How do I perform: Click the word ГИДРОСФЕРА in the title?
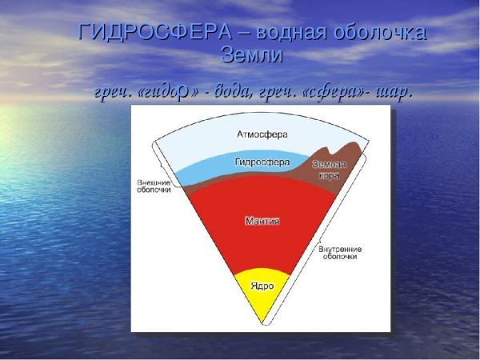point(152,33)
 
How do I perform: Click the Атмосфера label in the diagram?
point(262,133)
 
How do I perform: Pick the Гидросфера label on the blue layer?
point(262,162)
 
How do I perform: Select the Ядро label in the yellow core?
point(262,286)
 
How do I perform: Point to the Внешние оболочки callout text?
point(154,187)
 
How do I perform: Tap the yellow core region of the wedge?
point(262,296)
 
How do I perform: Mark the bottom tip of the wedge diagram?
point(262,324)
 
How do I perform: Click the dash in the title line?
point(242,33)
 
